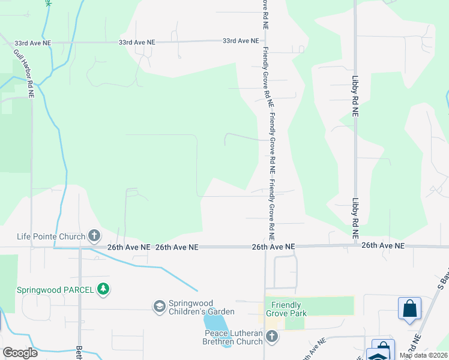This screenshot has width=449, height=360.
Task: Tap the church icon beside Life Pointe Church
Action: (94, 236)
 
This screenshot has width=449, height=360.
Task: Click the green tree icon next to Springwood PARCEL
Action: (104, 289)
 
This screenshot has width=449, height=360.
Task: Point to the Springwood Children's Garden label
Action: (201, 307)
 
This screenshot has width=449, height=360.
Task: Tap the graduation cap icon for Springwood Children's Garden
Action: (159, 307)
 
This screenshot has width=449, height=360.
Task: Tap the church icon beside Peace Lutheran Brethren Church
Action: (272, 337)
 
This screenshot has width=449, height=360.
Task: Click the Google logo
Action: (20, 353)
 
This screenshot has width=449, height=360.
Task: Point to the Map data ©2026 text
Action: (424, 355)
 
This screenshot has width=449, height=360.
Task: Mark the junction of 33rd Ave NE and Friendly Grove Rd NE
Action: (263, 41)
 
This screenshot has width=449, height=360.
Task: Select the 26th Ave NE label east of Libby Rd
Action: (383, 246)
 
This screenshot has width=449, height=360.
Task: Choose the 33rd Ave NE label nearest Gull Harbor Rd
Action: (33, 43)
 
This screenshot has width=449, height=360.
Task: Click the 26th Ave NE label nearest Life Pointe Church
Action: (129, 247)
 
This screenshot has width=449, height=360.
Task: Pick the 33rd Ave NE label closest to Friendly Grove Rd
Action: (240, 41)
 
